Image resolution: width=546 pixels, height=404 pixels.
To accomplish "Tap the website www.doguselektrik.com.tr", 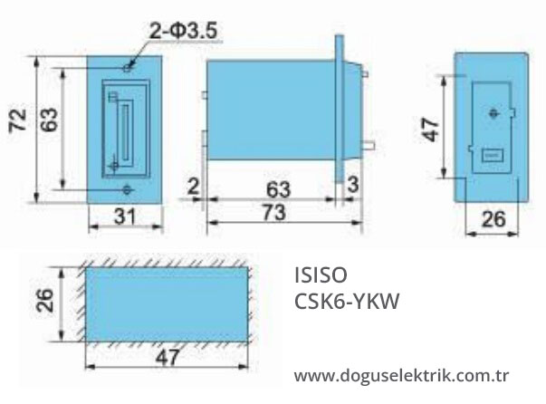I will coord(403,375).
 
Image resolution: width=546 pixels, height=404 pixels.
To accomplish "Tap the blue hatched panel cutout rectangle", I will coord(168,303).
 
